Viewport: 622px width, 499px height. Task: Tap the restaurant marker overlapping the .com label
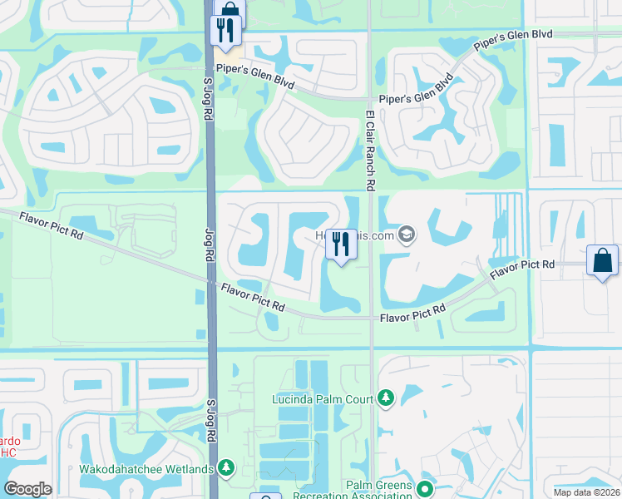pyautogui.click(x=341, y=245)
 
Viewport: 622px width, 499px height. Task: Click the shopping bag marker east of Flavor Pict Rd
pyautogui.click(x=602, y=261)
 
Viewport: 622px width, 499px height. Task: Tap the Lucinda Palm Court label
pyautogui.click(x=322, y=399)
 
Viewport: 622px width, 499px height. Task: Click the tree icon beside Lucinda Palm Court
pyautogui.click(x=385, y=399)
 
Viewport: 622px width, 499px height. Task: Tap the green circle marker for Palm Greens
pyautogui.click(x=426, y=488)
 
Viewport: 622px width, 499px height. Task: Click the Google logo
pyautogui.click(x=27, y=489)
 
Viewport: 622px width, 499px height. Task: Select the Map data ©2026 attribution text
pyautogui.click(x=586, y=492)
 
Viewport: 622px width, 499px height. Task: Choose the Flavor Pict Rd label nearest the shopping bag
pyautogui.click(x=522, y=269)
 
